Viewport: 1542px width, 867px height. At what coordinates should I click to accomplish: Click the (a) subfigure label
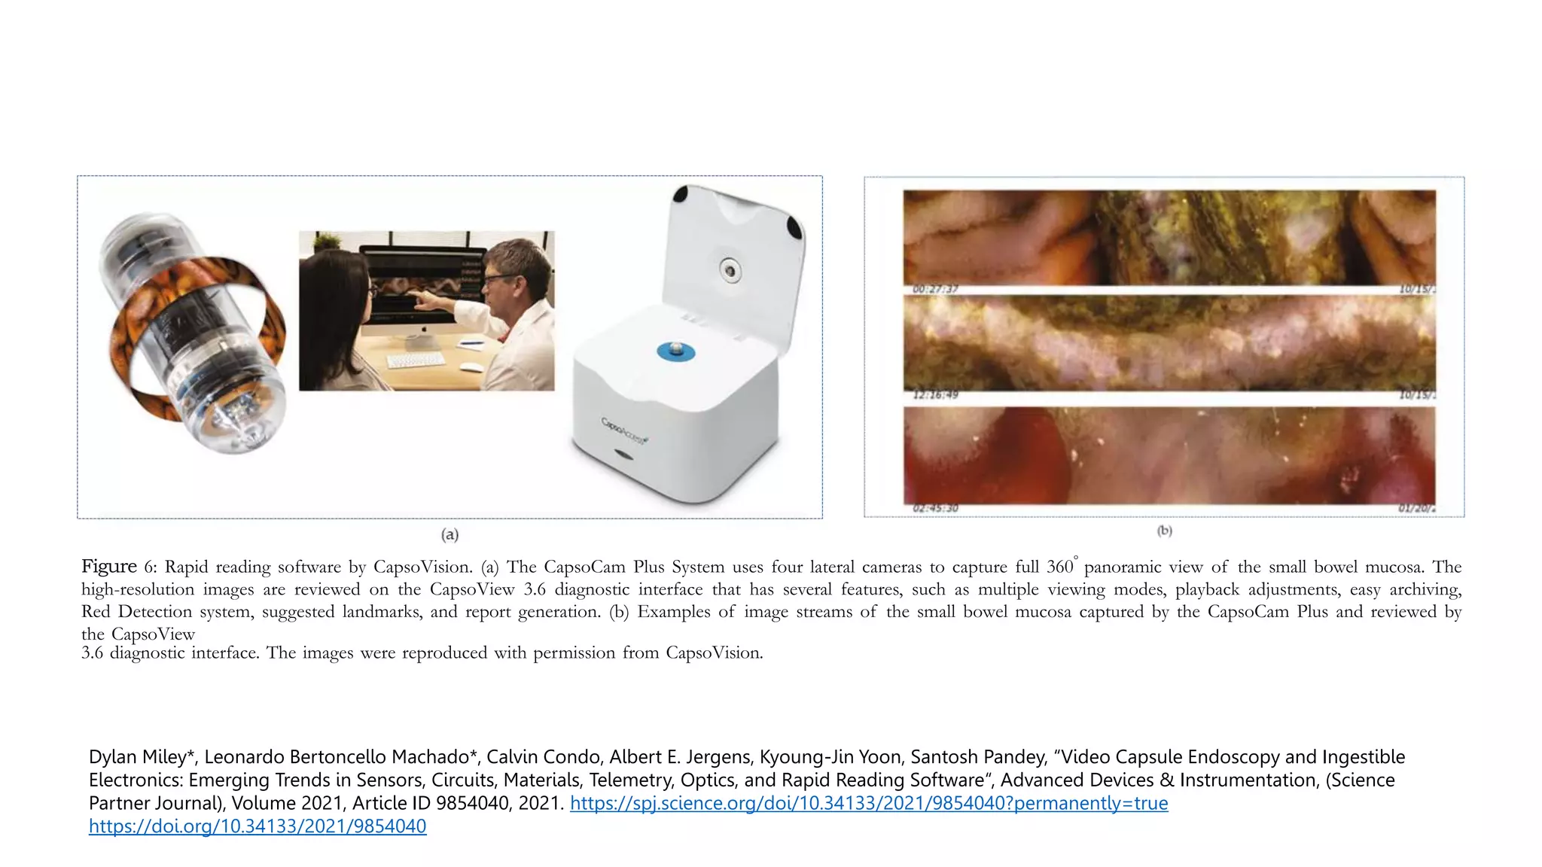coord(449,535)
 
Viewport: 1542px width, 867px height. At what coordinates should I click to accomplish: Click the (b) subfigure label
coord(1164,531)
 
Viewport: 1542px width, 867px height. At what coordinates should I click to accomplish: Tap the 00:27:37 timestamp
coord(935,290)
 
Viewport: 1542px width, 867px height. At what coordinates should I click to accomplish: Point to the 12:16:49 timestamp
coord(935,395)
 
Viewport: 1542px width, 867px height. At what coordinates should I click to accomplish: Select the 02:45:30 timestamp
coord(935,509)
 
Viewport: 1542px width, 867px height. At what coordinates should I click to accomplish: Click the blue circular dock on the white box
coord(675,351)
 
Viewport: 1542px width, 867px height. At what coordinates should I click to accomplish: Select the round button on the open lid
coord(729,269)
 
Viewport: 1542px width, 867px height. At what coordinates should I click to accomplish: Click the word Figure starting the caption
coord(109,567)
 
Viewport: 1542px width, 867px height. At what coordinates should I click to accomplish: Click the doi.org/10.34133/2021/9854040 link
coord(258,826)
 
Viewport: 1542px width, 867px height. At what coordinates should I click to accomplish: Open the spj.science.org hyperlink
coord(869,803)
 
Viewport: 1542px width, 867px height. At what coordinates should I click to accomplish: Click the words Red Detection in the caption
coord(136,612)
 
